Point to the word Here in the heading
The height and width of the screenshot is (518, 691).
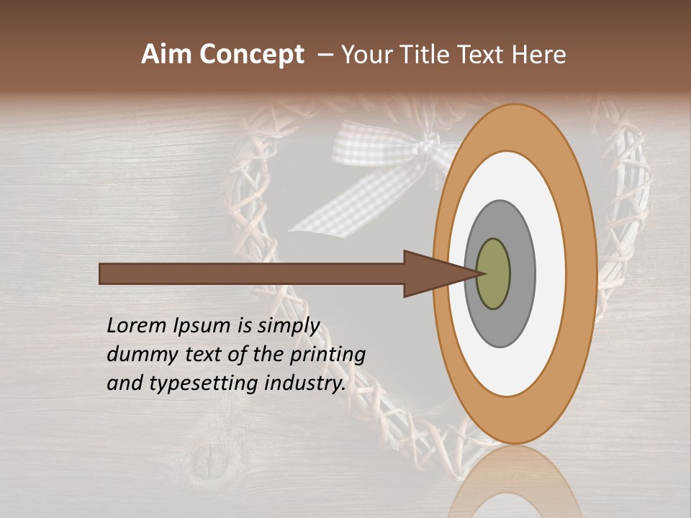click(x=538, y=55)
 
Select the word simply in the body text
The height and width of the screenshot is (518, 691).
click(x=289, y=327)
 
